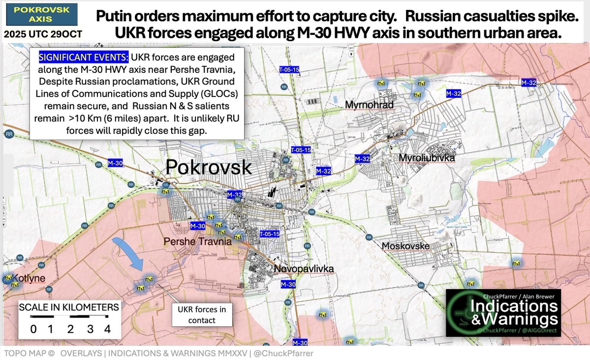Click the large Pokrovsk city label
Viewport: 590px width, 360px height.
(x=209, y=167)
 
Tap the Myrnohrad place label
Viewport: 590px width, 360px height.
(x=368, y=105)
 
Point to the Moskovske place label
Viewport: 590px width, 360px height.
(x=405, y=246)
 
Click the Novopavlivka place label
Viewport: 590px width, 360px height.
(x=304, y=269)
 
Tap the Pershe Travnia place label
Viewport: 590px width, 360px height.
(x=197, y=242)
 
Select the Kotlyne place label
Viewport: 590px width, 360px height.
(x=26, y=278)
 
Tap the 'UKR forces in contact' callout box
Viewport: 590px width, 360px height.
(x=201, y=315)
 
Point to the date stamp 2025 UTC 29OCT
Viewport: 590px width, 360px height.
(x=43, y=35)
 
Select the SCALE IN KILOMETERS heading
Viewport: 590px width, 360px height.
(x=69, y=308)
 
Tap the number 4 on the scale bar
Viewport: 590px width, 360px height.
(x=107, y=329)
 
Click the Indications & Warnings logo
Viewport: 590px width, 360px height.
(x=503, y=313)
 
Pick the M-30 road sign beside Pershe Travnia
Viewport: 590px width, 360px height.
(x=197, y=226)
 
